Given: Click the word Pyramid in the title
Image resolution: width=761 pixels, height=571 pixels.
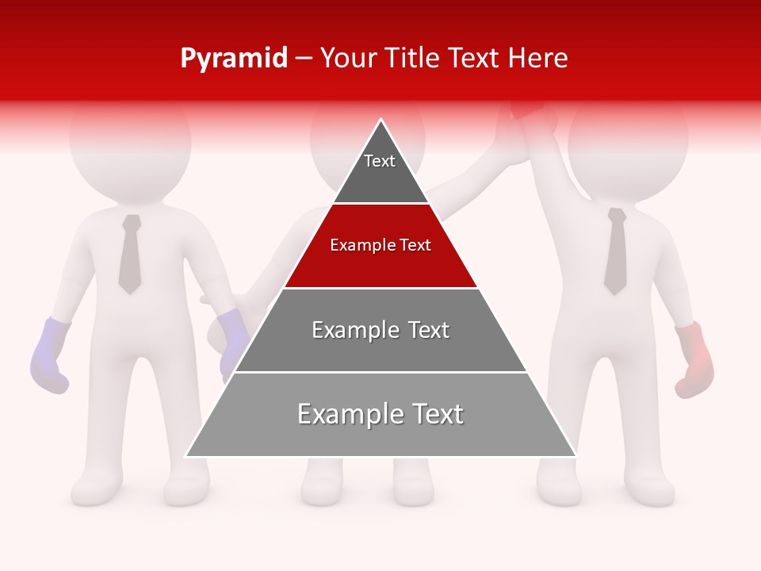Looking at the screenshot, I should click(233, 59).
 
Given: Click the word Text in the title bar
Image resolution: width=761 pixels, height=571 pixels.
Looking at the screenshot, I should click(476, 59).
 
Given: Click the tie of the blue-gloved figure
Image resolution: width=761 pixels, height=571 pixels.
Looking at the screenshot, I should click(130, 254).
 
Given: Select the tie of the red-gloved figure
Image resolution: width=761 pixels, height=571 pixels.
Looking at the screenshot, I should click(616, 251).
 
